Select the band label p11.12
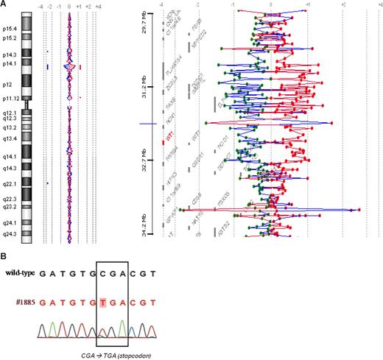pyautogui.click(x=12, y=97)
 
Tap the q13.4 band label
pyautogui.click(x=12, y=138)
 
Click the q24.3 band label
pyautogui.click(x=12, y=233)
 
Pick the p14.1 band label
pyautogui.click(x=12, y=64)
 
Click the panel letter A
pyautogui.click(x=4, y=4)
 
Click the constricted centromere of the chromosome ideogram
pyautogui.click(x=27, y=105)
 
